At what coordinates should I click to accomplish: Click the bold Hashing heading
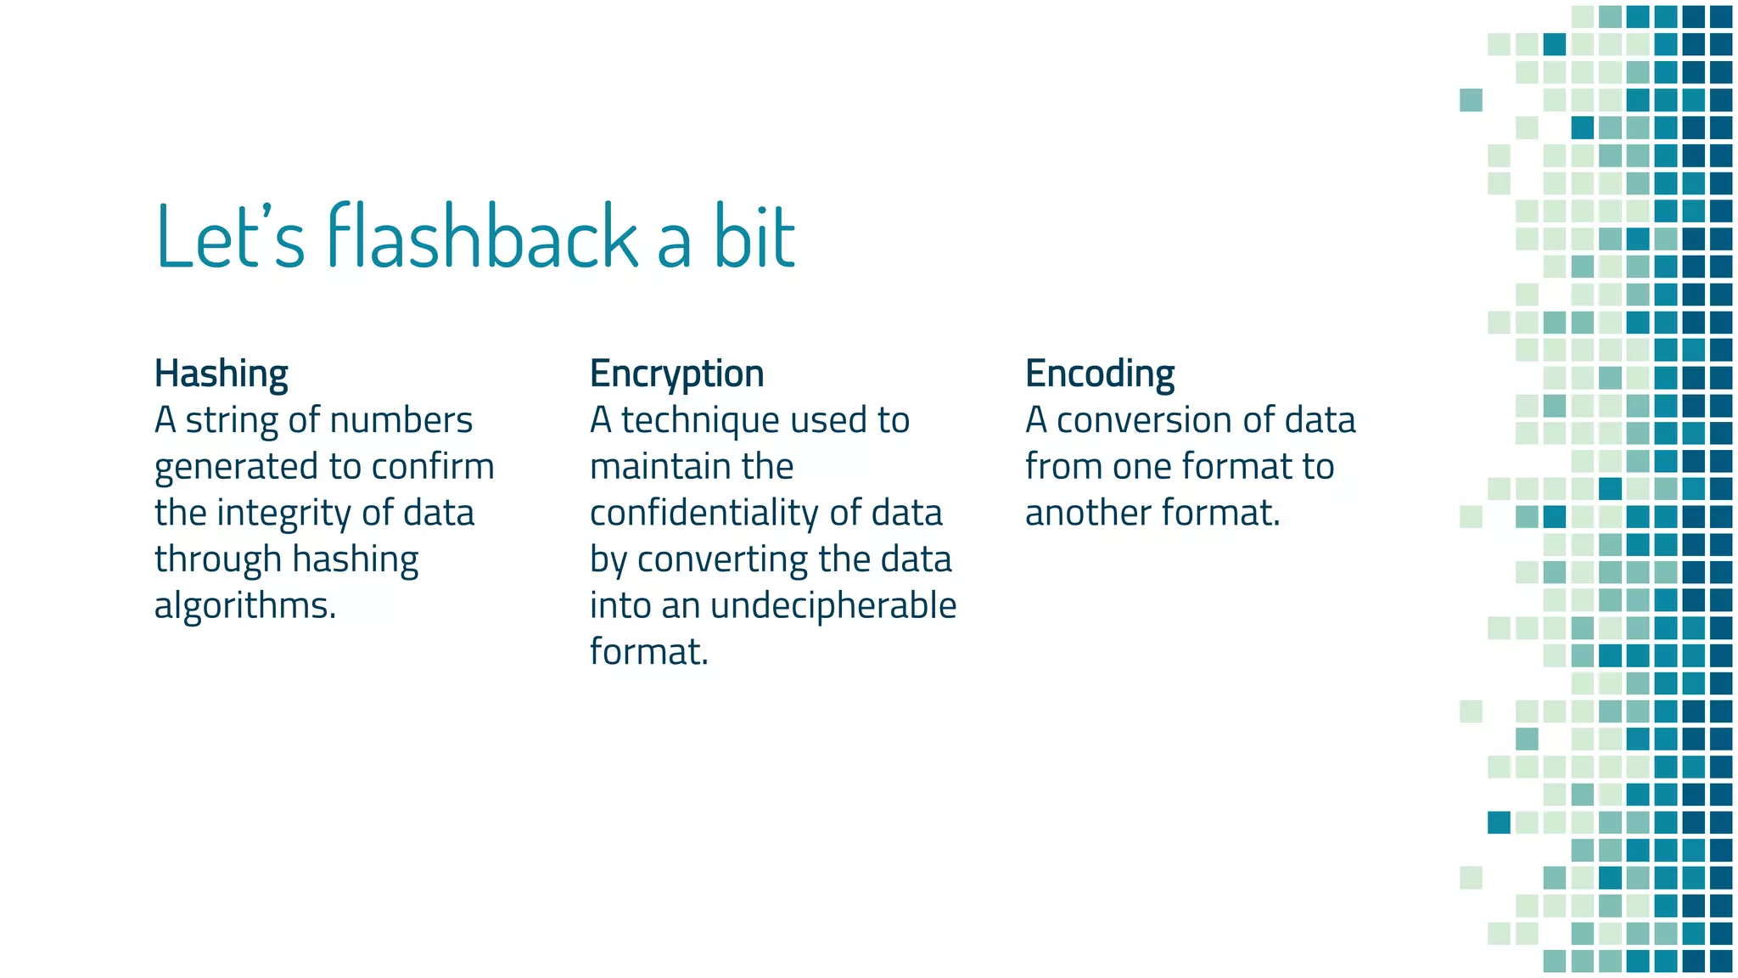[221, 374]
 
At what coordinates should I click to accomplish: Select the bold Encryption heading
[676, 374]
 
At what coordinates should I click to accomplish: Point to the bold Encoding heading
[1099, 374]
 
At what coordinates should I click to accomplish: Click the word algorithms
[245, 606]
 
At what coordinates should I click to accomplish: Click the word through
[217, 560]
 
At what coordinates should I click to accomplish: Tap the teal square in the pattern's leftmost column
[1471, 100]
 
